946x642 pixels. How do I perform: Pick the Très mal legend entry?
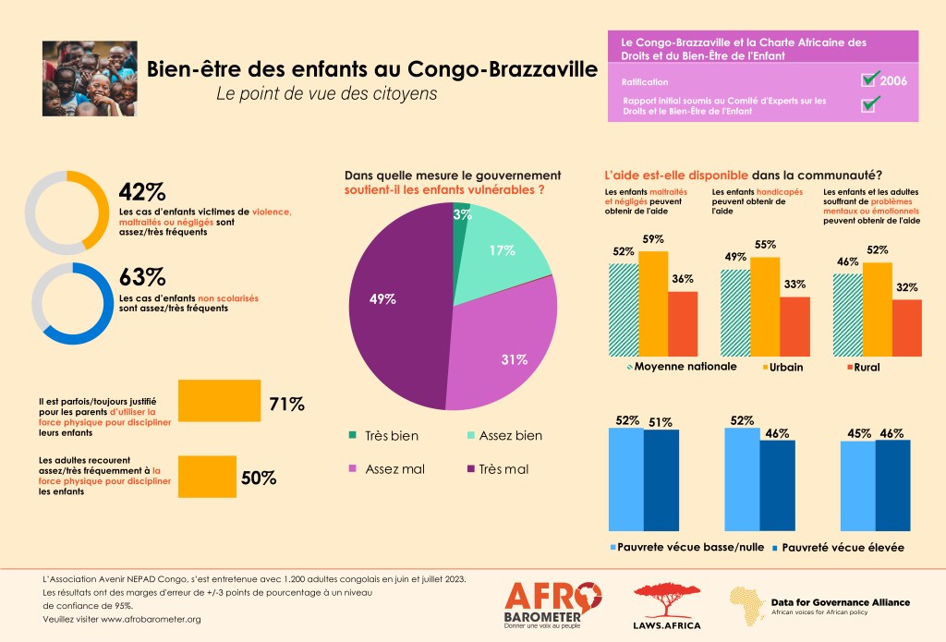[499, 469]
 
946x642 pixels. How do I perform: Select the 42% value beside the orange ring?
[141, 192]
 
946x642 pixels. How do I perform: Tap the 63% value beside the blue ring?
[141, 277]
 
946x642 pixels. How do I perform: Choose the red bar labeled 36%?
[683, 323]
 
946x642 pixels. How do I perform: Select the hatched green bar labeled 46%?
[847, 314]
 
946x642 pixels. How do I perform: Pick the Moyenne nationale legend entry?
[682, 367]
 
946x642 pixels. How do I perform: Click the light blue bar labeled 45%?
[857, 489]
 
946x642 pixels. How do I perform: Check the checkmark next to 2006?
[869, 79]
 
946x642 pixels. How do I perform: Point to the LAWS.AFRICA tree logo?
[666, 606]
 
